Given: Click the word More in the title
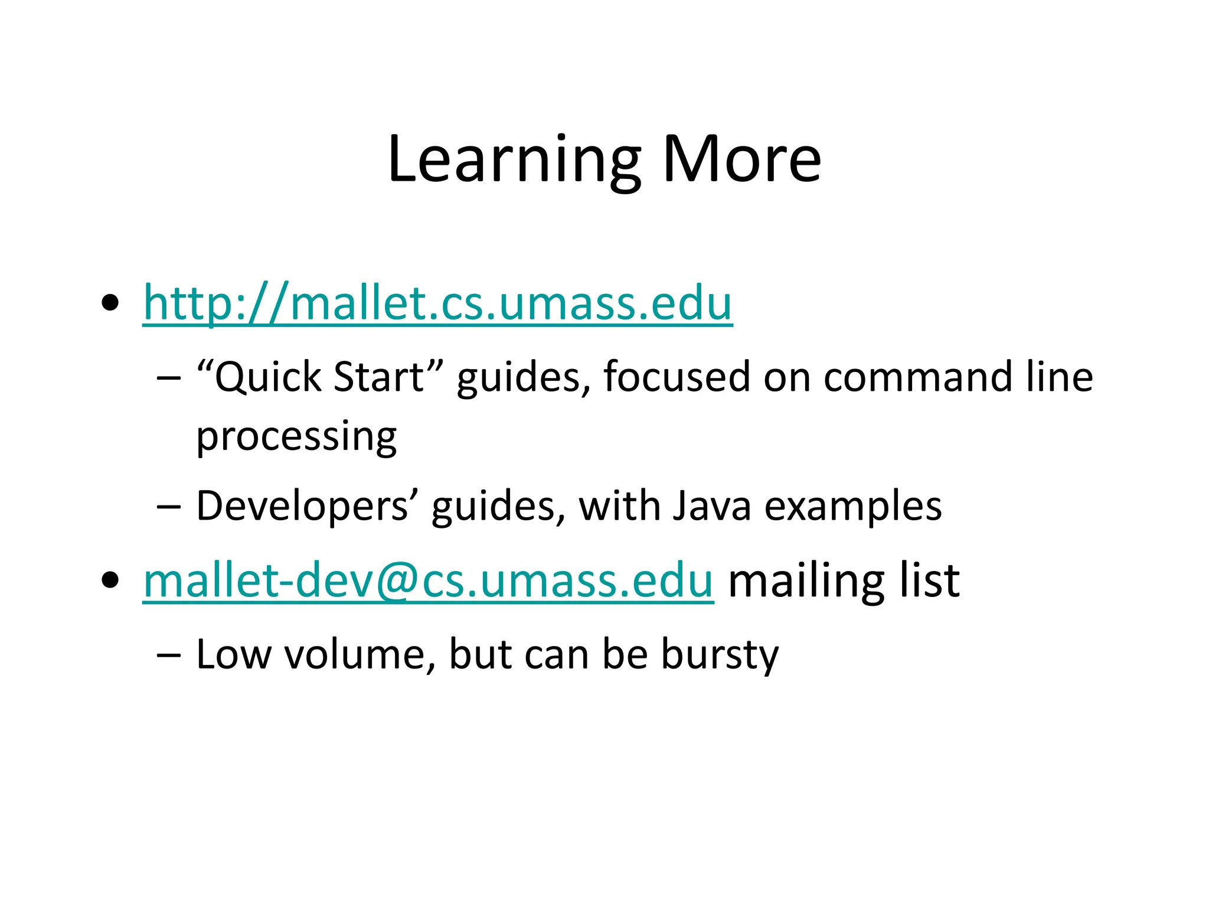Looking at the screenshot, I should pyautogui.click(x=741, y=159).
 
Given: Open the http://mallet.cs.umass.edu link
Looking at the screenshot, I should pyautogui.click(x=437, y=303).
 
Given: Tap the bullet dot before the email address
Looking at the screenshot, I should pyautogui.click(x=110, y=580).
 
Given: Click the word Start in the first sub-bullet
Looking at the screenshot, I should pyautogui.click(x=378, y=377).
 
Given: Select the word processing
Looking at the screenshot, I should pyautogui.click(x=296, y=437).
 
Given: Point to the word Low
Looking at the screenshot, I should pyautogui.click(x=233, y=654).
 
